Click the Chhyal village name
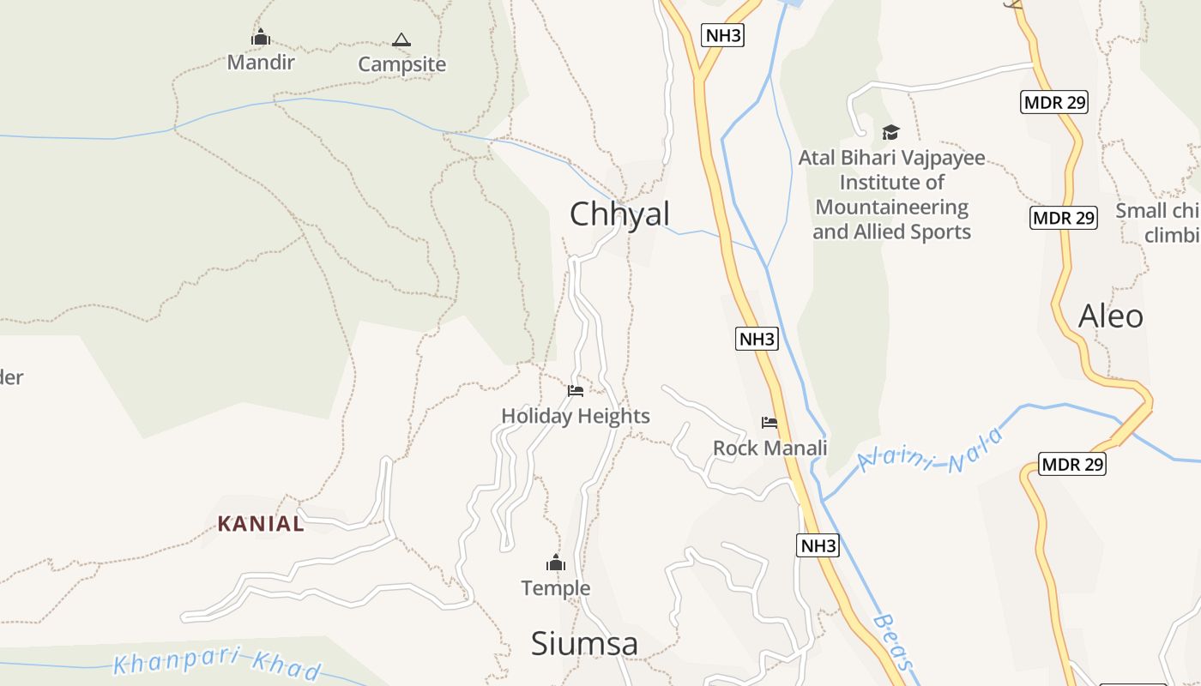619,214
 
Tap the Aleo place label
1110,316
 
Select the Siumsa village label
584,643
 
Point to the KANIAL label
261,523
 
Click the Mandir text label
261,62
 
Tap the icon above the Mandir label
261,38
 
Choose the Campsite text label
401,64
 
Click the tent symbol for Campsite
401,39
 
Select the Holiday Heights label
576,416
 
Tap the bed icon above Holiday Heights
576,391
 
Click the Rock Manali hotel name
770,448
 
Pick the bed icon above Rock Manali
769,422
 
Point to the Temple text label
556,588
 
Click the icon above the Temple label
556,563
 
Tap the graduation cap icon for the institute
890,132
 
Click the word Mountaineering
891,208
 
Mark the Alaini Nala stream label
930,451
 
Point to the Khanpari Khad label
218,665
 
